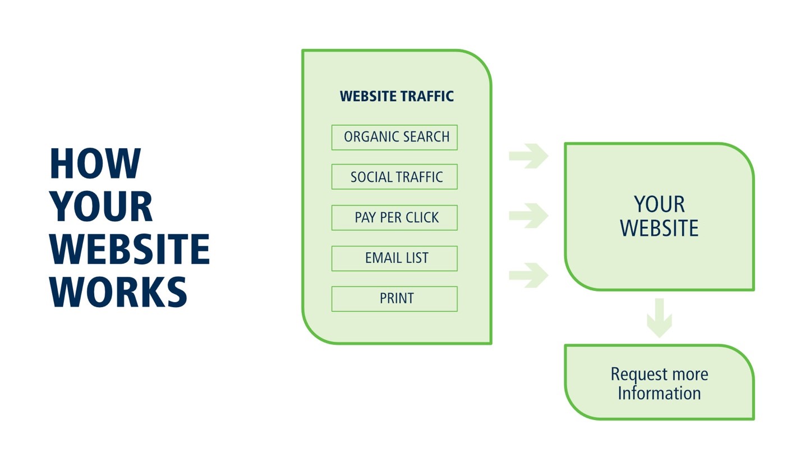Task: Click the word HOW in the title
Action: pos(95,163)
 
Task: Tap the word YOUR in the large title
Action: pos(101,207)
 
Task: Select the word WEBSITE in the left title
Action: pos(129,249)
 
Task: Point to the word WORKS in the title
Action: pos(118,292)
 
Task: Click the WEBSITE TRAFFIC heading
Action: pos(397,96)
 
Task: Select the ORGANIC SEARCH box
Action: pos(394,138)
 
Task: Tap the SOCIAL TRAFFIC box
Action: pos(394,177)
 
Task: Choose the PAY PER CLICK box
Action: pos(394,218)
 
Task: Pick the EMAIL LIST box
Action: pos(394,258)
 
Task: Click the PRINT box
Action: pos(394,299)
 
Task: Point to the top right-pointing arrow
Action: pos(528,156)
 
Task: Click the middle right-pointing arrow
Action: pos(528,216)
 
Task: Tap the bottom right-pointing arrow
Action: pos(528,275)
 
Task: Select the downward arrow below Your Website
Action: pos(659,317)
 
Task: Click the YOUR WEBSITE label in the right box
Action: pos(659,216)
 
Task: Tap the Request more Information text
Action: pos(659,383)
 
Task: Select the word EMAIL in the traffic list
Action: pos(379,258)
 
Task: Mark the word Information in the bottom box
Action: pos(659,393)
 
